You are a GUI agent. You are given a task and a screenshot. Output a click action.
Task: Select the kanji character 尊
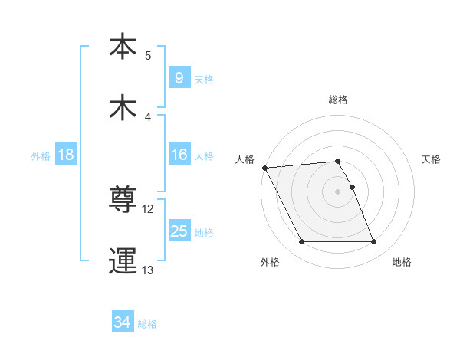pos(123,201)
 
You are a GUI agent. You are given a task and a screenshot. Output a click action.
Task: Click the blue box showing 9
pos(179,77)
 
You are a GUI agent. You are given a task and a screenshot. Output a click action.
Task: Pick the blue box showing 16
pos(179,155)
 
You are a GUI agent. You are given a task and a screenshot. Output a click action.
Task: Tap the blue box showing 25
pos(179,231)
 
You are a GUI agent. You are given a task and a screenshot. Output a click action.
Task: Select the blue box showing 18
pos(66,155)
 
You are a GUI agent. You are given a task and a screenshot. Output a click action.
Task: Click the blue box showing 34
pos(123,322)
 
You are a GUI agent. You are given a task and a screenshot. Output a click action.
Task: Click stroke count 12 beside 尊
pos(148,209)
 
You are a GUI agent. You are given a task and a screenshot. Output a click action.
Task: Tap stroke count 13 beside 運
pos(148,270)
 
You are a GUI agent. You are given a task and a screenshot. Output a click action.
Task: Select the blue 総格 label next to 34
pos(148,324)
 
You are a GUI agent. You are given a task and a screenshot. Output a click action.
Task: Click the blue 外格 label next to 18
pos(41,156)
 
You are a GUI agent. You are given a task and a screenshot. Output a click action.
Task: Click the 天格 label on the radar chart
pos(431,159)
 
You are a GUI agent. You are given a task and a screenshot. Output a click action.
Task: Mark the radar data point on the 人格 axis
pos(264,168)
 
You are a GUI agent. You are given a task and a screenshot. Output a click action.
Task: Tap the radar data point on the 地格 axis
pos(373,242)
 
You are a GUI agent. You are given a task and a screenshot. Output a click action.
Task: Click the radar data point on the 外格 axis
pos(301,242)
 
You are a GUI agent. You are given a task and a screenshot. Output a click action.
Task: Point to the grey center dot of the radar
pos(337,191)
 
